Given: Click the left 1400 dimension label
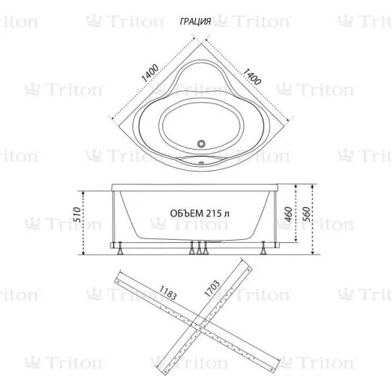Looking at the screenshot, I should tap(149, 76).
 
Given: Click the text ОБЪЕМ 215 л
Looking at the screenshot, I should tap(199, 213).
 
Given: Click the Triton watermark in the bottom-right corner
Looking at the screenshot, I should tap(365, 362).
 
